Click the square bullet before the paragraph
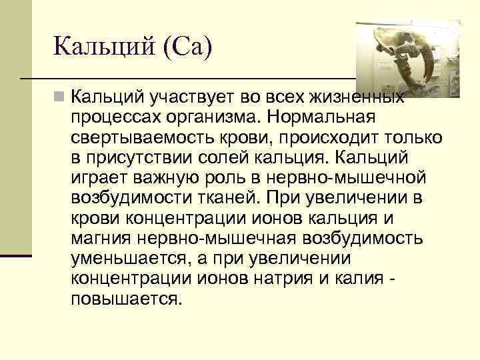[x=60, y=99]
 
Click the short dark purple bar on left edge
[x=16, y=256]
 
